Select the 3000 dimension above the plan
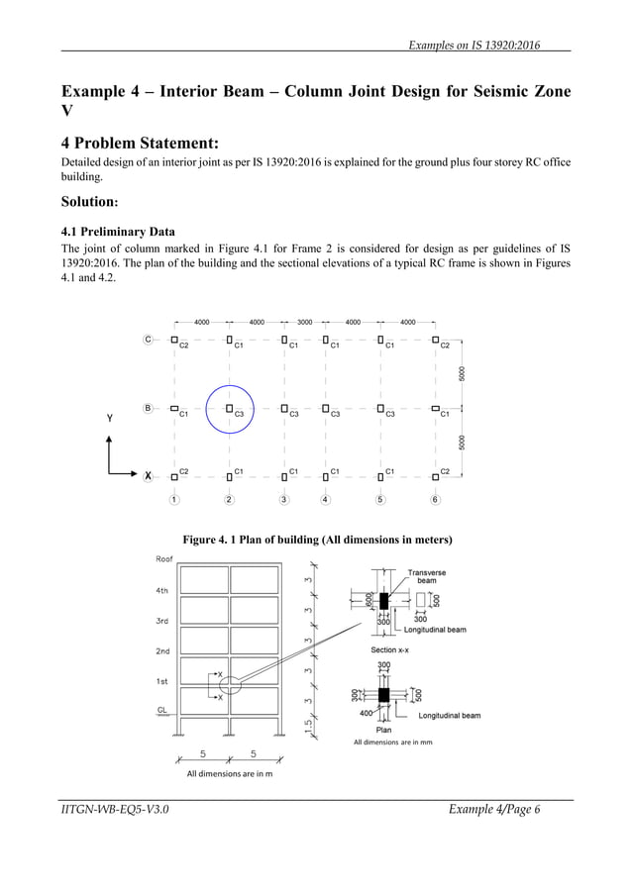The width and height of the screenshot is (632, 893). point(304,322)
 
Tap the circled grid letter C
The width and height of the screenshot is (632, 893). point(149,340)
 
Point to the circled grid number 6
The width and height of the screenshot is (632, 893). point(435,499)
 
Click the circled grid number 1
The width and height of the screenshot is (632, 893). point(174,499)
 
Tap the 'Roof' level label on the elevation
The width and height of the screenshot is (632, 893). point(165,559)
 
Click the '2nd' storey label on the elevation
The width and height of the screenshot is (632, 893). point(163,651)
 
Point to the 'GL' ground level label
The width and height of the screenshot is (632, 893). point(161,711)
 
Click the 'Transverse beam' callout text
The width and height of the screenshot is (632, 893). point(428,576)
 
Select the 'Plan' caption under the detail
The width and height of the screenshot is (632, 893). point(384,730)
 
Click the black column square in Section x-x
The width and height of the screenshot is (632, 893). point(384,600)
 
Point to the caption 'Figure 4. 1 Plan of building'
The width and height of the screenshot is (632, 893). point(317,540)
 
